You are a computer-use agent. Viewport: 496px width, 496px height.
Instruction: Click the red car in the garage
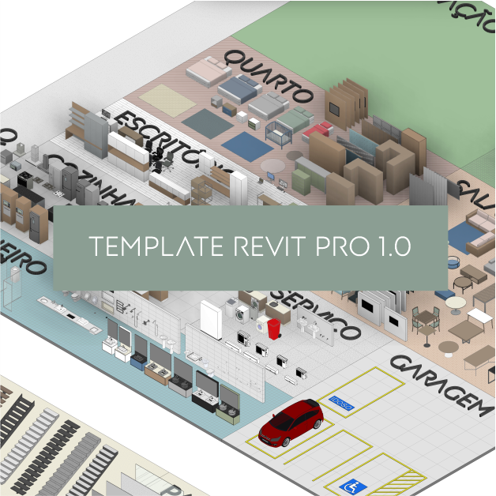click(291, 421)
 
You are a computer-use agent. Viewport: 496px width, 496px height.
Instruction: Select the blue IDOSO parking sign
click(342, 404)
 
